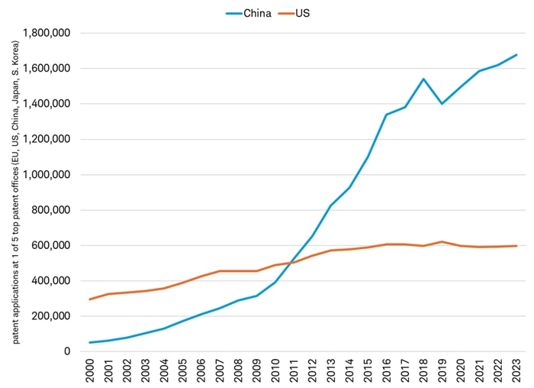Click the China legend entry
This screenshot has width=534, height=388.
pyautogui.click(x=248, y=14)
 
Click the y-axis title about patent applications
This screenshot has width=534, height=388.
pyautogui.click(x=14, y=187)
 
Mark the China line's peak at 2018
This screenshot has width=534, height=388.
pyautogui.click(x=423, y=79)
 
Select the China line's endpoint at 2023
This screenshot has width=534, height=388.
pyautogui.click(x=516, y=55)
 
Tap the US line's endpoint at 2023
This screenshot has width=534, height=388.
pyautogui.click(x=516, y=246)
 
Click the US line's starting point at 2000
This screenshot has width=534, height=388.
pyautogui.click(x=91, y=299)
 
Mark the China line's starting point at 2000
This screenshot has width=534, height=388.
pyautogui.click(x=91, y=342)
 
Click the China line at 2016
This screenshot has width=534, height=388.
pyautogui.click(x=387, y=115)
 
